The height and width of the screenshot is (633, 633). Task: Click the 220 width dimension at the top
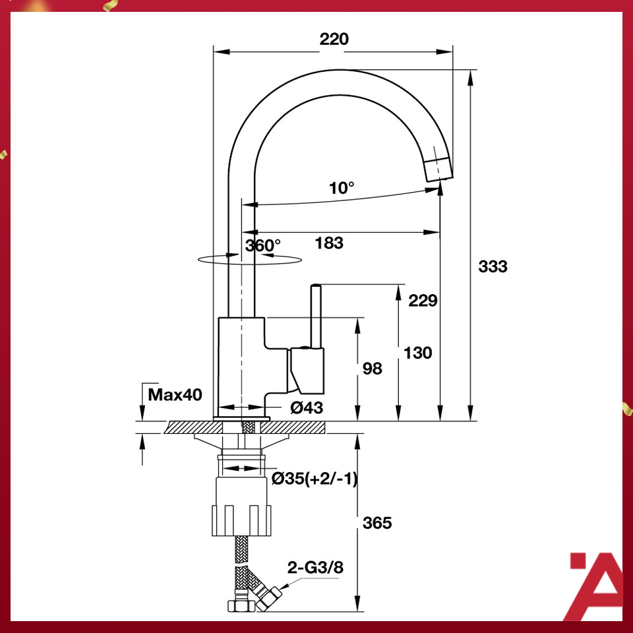[334, 39]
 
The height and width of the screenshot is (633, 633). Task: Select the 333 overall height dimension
[493, 266]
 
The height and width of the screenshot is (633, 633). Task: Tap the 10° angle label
[342, 188]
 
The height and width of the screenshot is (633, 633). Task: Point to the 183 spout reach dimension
[329, 243]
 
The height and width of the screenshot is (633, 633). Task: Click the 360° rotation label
[263, 245]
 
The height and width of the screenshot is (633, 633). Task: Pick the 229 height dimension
[423, 301]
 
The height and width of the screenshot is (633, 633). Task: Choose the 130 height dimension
[418, 353]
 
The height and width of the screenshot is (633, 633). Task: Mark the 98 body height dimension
[373, 369]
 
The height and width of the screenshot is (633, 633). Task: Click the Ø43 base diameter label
[307, 408]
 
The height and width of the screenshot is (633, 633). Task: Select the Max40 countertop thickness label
[175, 395]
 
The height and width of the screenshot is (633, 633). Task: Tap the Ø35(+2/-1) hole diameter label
[315, 479]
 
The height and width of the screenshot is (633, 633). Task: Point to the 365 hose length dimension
[377, 523]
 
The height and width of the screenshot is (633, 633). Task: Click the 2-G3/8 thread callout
[315, 567]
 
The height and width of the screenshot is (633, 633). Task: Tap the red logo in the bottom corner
[595, 587]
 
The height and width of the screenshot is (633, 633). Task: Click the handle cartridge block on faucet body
[307, 369]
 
